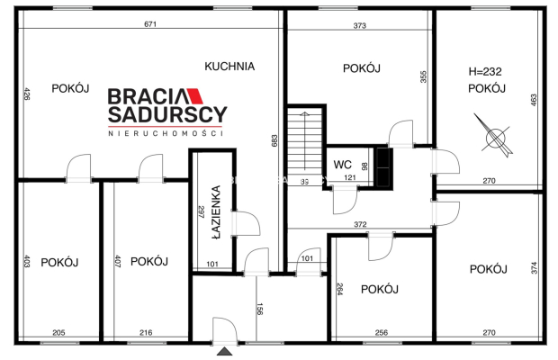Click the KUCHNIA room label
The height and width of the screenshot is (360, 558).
(x=229, y=66)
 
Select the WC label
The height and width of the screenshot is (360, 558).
(x=342, y=165)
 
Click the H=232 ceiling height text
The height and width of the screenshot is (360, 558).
(x=486, y=70)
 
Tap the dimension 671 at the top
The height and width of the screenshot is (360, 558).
(x=150, y=24)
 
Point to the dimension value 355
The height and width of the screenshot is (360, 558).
(x=422, y=77)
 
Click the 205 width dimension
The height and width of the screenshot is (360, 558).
(x=58, y=333)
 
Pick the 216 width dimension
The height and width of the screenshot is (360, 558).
(x=145, y=333)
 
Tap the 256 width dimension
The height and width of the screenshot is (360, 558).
(x=382, y=333)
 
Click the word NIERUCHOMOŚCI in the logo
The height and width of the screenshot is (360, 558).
(x=166, y=132)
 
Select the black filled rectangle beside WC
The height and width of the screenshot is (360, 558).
(x=383, y=166)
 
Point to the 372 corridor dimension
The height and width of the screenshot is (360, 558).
(x=360, y=224)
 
